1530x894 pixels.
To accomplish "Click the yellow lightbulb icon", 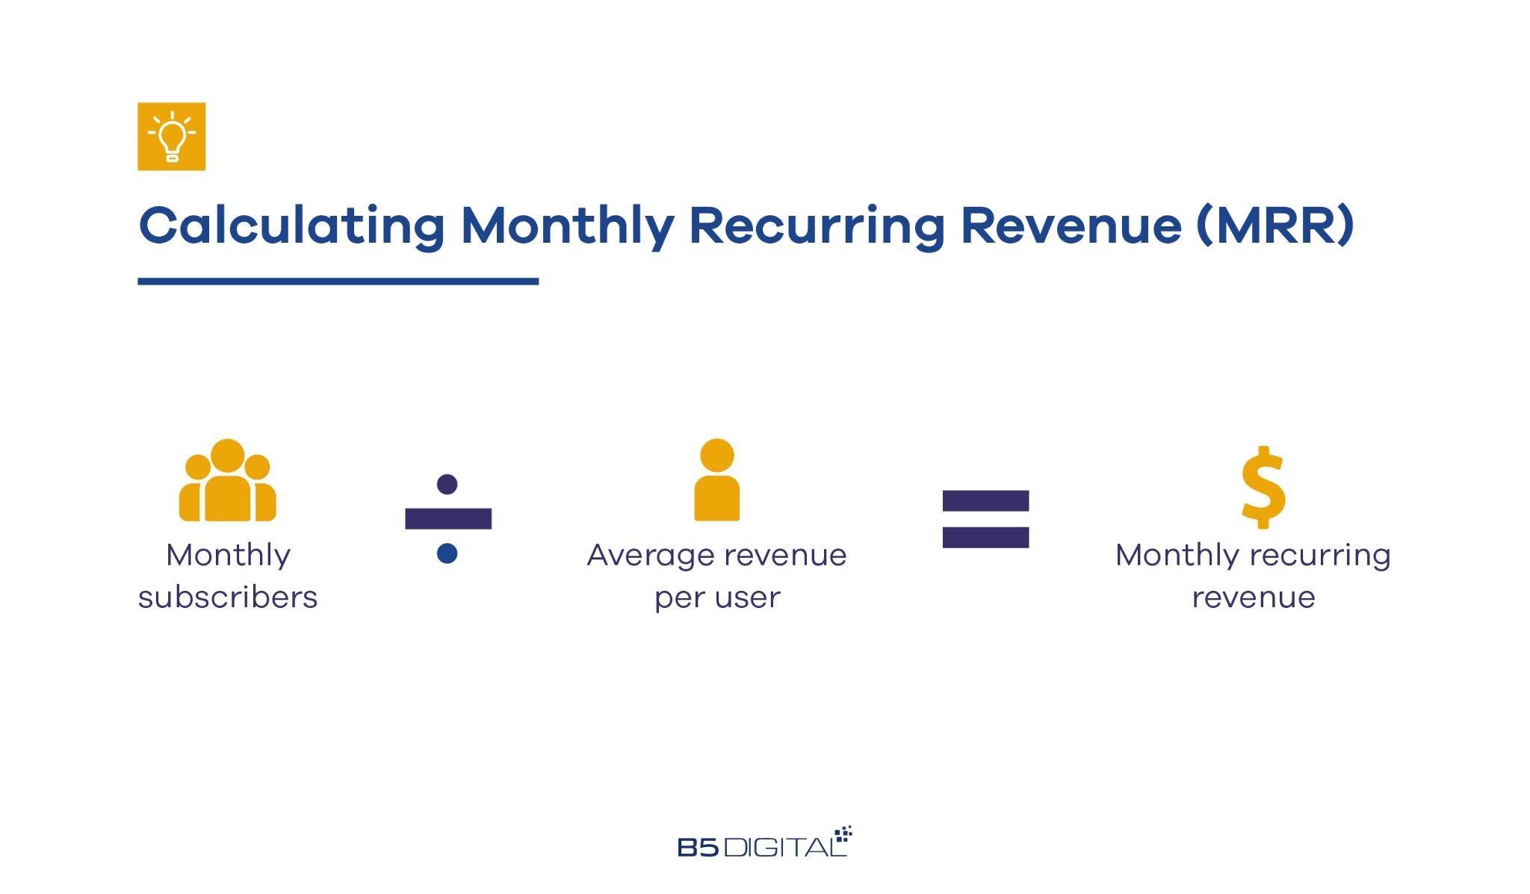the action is click(171, 136).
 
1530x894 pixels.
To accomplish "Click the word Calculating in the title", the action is click(292, 226).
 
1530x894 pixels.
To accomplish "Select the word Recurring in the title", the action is click(817, 226).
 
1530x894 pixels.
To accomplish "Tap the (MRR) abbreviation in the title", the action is click(1275, 225).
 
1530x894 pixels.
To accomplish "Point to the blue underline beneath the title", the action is click(338, 282).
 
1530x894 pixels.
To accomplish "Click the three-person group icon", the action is click(227, 479).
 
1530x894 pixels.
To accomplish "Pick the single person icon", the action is click(717, 479).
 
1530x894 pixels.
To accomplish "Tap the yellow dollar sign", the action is click(1263, 487).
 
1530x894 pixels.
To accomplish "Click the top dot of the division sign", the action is click(447, 484).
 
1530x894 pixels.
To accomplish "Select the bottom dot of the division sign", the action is click(447, 553).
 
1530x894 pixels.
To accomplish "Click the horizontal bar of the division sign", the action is click(448, 518).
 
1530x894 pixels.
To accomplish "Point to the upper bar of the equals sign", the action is click(985, 500).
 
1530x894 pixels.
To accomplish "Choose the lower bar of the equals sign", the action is click(985, 538).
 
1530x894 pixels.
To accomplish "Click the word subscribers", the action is click(228, 597).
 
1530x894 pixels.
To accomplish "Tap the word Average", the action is click(651, 556).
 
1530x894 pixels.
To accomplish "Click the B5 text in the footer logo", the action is click(699, 847).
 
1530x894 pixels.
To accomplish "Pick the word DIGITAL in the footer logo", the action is click(785, 847).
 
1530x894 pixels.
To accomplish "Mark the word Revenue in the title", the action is click(1071, 226).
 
